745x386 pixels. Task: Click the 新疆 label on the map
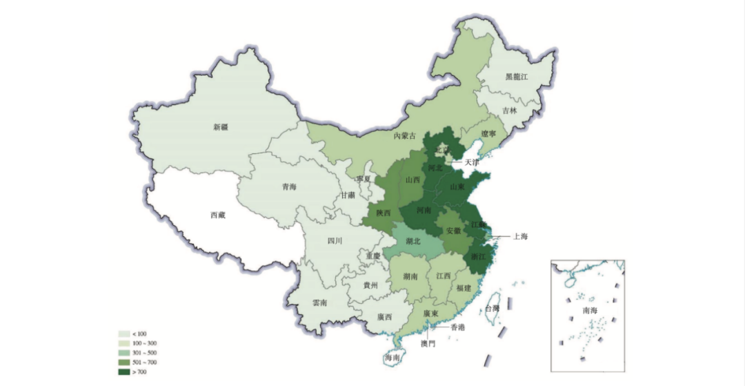point(220,127)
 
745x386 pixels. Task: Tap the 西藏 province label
point(217,215)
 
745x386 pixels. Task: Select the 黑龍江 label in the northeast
point(516,77)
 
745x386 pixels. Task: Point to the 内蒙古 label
point(405,136)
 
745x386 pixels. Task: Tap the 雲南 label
point(319,302)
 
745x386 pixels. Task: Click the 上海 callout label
point(521,236)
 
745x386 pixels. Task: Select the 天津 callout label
point(471,162)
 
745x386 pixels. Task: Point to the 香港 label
point(457,327)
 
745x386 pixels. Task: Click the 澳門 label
point(428,343)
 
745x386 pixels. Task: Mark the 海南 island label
point(392,358)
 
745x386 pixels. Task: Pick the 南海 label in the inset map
point(590,310)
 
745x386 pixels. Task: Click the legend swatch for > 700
point(124,372)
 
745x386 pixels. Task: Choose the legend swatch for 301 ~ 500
point(124,353)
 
